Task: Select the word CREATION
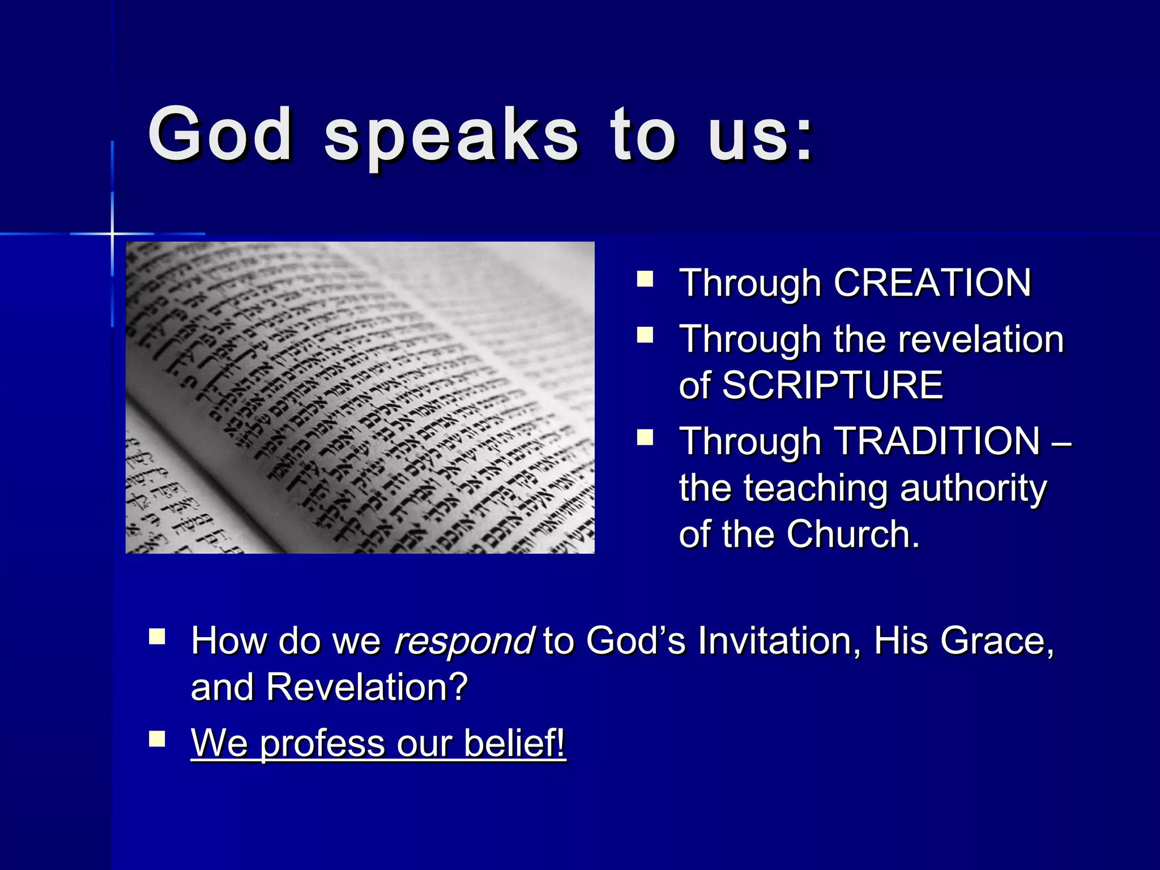pyautogui.click(x=932, y=283)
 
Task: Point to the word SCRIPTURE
pyautogui.click(x=833, y=385)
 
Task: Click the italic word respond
pyautogui.click(x=463, y=641)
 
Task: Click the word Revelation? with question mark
pyautogui.click(x=367, y=686)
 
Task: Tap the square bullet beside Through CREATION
pyautogui.click(x=645, y=279)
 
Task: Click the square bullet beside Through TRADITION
pyautogui.click(x=645, y=438)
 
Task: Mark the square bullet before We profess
pyautogui.click(x=157, y=739)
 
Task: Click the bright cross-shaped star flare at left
pyautogui.click(x=112, y=233)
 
